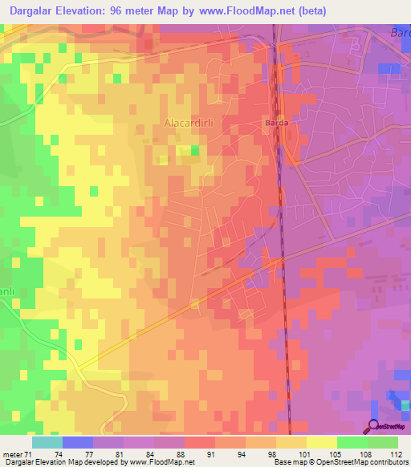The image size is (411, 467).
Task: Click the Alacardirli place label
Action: [187, 123]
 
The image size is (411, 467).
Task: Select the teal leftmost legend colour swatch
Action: [47, 441]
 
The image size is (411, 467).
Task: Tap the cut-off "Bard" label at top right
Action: [399, 34]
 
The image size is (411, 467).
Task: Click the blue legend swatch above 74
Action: [78, 441]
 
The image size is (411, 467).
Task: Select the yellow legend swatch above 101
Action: [291, 441]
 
